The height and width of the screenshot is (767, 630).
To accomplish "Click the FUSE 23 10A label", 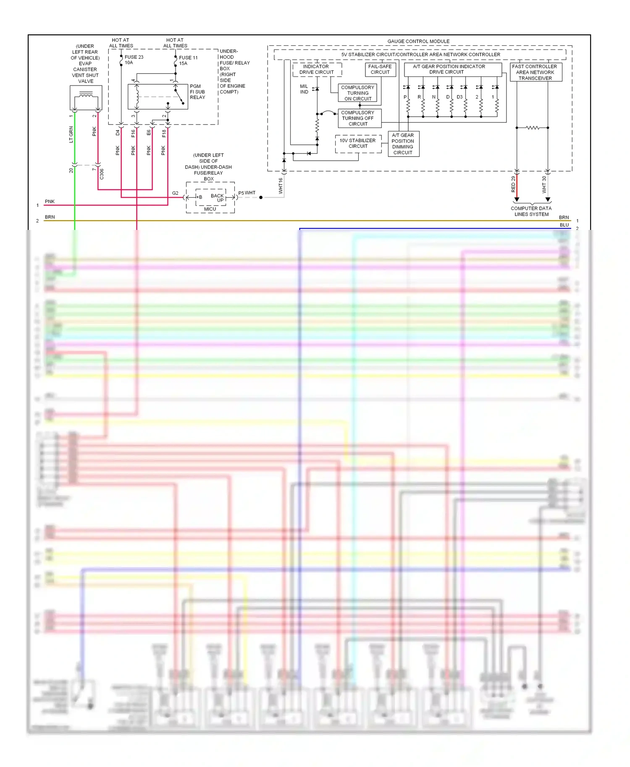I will [x=134, y=60].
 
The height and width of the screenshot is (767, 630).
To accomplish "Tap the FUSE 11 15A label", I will [x=188, y=60].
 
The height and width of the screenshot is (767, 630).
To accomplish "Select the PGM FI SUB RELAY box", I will [x=157, y=97].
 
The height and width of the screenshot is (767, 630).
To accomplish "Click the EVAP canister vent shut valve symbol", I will [x=86, y=98].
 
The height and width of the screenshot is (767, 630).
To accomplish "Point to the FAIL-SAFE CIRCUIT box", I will [x=380, y=69].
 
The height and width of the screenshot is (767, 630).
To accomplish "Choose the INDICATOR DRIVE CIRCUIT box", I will [x=317, y=69].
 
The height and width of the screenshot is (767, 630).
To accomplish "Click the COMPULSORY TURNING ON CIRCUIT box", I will [x=357, y=93].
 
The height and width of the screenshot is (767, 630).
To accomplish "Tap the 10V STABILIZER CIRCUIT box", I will [x=358, y=143].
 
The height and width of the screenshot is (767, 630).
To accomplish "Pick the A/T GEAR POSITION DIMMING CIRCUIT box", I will [x=403, y=144].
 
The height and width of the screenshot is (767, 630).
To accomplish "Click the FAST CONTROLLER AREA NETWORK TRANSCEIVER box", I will [x=535, y=72].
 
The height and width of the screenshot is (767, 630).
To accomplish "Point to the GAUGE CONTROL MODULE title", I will [x=418, y=42].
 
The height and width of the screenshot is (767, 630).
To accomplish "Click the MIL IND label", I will [x=304, y=89].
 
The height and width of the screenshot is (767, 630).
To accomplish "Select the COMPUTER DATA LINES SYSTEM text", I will [x=531, y=211].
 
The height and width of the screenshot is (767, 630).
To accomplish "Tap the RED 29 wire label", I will [x=513, y=184].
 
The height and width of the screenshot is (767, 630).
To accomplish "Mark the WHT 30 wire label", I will [x=544, y=184].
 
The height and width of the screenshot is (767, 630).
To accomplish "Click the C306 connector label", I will [x=102, y=174].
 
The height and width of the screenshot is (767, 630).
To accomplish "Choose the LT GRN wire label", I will [x=71, y=134].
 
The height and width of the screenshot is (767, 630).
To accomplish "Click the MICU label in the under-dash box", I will [x=210, y=209].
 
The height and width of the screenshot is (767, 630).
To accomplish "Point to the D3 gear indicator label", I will [x=459, y=97].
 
